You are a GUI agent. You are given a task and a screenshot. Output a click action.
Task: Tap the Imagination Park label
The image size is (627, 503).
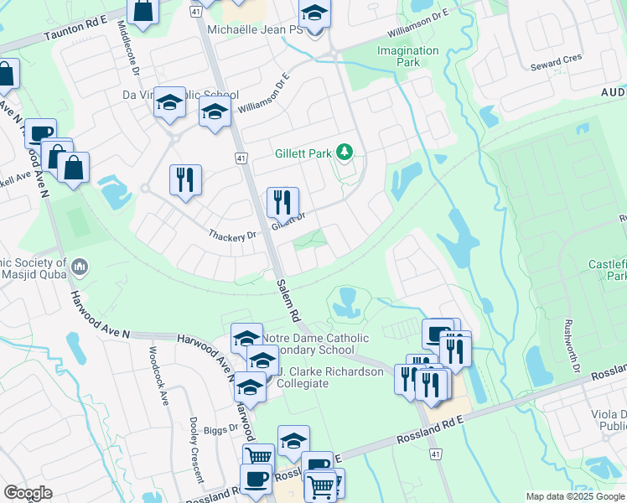[408, 56]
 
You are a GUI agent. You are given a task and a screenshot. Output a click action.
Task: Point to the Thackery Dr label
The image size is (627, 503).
[234, 236]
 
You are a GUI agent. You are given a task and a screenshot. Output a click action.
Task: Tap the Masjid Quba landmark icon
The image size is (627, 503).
[80, 267]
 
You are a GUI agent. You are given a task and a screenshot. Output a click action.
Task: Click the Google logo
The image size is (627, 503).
[28, 493]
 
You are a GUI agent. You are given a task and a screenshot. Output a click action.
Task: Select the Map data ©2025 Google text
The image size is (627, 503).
[574, 496]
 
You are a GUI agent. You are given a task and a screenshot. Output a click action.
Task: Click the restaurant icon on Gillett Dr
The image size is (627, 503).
[282, 202]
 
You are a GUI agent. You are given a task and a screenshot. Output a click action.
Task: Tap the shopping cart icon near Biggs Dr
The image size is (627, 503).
[258, 456]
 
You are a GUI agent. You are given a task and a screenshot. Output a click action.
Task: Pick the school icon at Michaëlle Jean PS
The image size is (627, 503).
[315, 13]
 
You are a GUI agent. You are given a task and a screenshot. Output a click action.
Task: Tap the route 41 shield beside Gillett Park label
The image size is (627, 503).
[241, 158]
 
